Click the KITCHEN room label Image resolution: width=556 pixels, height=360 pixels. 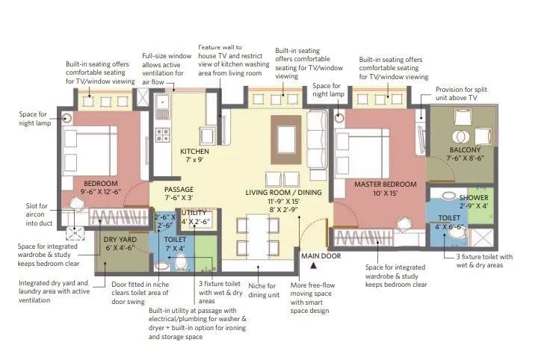click(195, 152)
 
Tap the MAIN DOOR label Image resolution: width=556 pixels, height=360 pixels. click(321, 255)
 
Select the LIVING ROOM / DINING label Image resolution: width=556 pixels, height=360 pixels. click(284, 193)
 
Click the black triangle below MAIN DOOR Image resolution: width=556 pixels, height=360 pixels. click(315, 264)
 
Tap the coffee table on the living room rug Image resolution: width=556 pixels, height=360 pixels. click(285, 137)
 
